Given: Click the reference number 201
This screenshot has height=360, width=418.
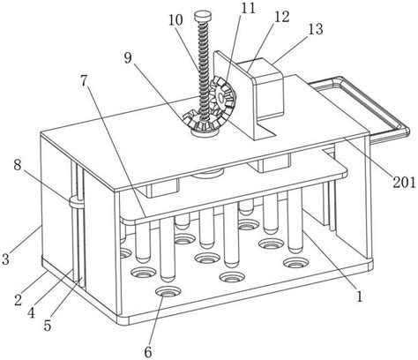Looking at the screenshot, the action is [405, 183].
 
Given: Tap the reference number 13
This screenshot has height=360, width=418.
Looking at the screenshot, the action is [316, 29].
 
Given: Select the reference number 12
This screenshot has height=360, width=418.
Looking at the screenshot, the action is [281, 17].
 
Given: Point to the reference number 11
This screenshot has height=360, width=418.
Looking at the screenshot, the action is [248, 8].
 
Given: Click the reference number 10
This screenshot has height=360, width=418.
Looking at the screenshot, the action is [175, 19].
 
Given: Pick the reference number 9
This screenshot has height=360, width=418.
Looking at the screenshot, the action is [128, 58].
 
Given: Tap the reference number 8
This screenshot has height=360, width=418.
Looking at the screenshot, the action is [85, 81].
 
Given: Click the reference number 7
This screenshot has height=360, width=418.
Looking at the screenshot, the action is [18, 165].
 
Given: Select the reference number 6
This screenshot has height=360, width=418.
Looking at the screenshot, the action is [148, 352].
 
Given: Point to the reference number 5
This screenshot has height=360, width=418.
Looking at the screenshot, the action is [48, 326].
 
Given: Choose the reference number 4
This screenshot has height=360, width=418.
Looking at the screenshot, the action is [31, 312].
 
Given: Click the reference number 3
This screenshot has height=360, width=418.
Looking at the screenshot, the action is [5, 259].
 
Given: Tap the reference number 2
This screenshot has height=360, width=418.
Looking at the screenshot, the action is [18, 300].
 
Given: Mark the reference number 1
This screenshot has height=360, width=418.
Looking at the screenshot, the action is [359, 296].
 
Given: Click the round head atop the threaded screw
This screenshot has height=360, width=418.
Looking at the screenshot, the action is [203, 15].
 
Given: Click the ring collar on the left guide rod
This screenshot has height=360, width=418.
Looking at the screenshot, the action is [77, 202].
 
